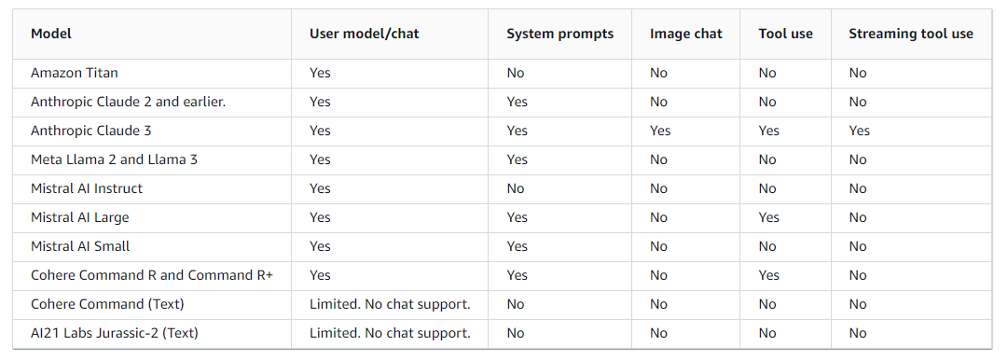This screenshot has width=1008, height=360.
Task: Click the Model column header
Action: click(51, 34)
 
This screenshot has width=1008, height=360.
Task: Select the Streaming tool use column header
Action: click(910, 34)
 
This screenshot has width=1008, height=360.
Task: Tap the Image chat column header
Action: click(685, 34)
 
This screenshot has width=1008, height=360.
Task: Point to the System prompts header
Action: click(559, 34)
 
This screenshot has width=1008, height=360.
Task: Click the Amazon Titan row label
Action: click(75, 73)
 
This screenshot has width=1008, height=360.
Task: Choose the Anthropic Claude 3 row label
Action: click(90, 131)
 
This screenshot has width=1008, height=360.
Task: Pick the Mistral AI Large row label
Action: click(80, 217)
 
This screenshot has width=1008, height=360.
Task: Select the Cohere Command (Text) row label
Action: click(107, 304)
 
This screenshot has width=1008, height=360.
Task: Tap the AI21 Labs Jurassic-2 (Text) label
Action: click(115, 333)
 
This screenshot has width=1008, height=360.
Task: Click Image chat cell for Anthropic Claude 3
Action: click(660, 131)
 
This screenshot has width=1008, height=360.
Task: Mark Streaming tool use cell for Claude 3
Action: click(859, 131)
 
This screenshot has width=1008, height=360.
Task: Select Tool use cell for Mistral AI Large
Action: click(768, 217)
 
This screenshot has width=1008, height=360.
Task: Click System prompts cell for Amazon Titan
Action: click(516, 73)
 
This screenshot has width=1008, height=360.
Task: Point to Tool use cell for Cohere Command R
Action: click(768, 275)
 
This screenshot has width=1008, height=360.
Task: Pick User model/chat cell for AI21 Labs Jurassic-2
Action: click(390, 333)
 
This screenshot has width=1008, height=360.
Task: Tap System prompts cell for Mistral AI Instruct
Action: click(516, 188)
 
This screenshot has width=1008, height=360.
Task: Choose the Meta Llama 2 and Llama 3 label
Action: click(114, 159)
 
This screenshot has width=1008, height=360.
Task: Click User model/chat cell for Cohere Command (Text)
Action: click(390, 304)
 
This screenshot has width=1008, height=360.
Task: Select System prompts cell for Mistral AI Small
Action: click(517, 246)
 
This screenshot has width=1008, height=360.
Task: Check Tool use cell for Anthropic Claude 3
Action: click(768, 131)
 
